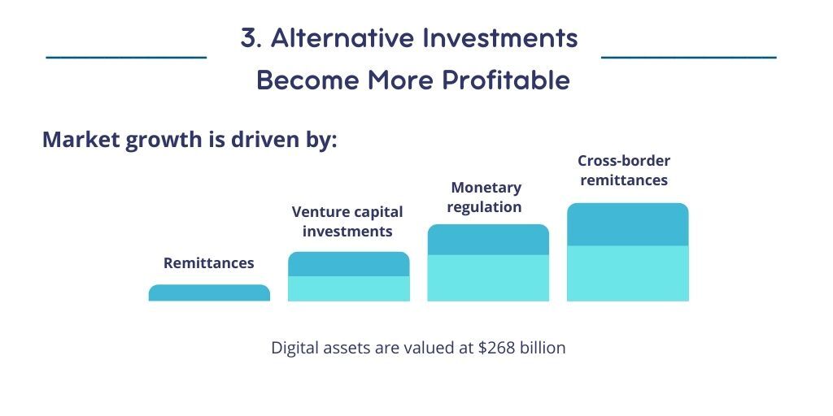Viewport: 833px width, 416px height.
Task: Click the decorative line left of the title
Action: coord(126,58)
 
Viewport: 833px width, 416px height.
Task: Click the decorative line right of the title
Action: coord(688,58)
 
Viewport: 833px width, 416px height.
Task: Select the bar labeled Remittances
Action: coord(209,293)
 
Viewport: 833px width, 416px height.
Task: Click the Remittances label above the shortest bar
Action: coord(209,263)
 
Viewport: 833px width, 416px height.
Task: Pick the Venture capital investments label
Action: coord(347,222)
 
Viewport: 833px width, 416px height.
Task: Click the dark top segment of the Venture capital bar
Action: coord(348,264)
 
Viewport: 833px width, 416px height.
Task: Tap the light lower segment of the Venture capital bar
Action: coord(348,289)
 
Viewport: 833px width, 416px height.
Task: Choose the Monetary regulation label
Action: coord(485,197)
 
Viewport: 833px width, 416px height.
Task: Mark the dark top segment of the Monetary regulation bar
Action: coord(488,240)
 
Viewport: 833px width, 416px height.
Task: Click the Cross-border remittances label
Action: coord(624,171)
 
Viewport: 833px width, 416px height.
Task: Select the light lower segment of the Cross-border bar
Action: coord(627,274)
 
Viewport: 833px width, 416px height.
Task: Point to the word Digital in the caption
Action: coord(292,349)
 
